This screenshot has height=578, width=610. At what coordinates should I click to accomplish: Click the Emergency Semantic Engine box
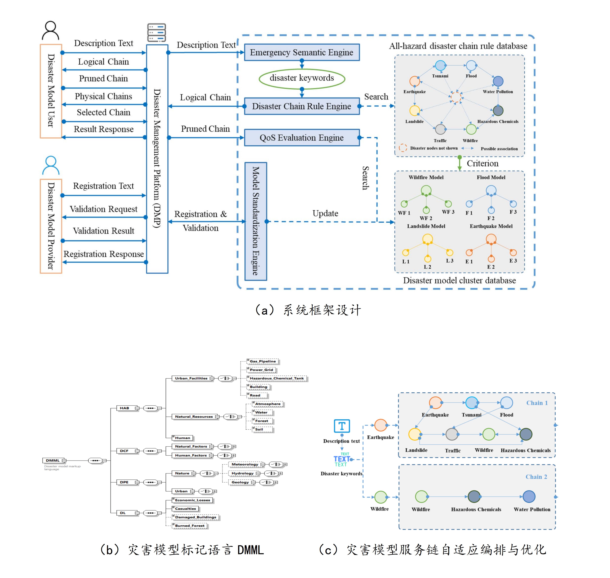point(302,52)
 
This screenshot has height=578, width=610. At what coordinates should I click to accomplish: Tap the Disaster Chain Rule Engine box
point(302,106)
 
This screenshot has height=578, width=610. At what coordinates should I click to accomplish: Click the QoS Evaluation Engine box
point(302,138)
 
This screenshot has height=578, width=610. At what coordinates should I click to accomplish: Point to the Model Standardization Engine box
point(256,221)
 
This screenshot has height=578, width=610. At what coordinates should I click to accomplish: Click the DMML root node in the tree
point(53,460)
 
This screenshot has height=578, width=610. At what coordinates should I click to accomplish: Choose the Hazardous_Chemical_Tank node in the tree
point(277,378)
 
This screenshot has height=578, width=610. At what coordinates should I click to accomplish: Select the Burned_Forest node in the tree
point(190,526)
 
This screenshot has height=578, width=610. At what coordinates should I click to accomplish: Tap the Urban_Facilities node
point(191,378)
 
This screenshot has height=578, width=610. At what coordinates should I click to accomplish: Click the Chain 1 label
point(537,403)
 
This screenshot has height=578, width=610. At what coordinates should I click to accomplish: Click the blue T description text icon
point(342,426)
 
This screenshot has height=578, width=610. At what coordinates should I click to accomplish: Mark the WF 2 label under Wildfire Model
point(426,218)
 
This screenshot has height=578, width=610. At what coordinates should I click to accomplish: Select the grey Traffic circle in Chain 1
point(452,434)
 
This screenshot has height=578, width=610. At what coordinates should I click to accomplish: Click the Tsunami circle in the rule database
point(440,65)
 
